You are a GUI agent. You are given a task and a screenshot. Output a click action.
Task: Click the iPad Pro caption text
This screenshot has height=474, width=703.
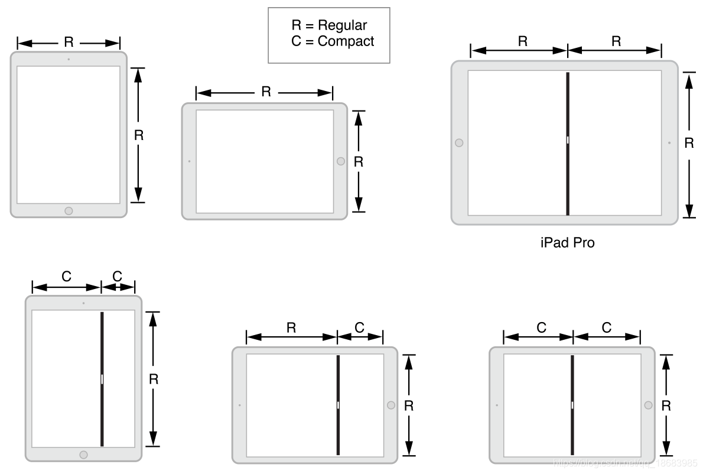click(567, 242)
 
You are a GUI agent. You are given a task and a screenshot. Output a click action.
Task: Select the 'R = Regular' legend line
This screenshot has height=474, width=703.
click(329, 25)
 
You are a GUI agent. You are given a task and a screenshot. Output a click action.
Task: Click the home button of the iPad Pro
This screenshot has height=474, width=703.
click(459, 143)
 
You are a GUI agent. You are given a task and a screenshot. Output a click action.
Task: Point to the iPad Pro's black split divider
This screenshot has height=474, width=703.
click(568, 144)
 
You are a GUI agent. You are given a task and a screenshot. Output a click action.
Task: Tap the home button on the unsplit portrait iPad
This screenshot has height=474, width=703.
click(69, 210)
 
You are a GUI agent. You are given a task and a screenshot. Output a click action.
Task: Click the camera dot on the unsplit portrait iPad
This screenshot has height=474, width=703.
click(69, 59)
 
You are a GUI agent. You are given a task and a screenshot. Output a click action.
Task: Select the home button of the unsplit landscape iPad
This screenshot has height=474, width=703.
click(340, 161)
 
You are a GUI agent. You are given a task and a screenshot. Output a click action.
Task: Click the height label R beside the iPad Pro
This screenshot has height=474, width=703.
click(689, 144)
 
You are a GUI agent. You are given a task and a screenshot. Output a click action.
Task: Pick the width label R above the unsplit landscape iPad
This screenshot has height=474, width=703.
click(266, 92)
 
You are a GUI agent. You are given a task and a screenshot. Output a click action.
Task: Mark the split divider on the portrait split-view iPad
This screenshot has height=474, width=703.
click(102, 378)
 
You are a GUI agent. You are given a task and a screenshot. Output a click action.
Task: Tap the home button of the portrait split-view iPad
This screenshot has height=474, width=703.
click(83, 454)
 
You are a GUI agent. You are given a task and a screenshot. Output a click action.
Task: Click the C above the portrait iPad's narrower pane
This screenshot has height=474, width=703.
click(117, 275)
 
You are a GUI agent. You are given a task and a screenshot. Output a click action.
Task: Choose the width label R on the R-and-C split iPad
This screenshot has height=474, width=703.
click(291, 328)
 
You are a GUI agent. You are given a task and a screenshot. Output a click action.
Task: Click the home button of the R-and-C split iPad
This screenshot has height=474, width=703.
click(390, 405)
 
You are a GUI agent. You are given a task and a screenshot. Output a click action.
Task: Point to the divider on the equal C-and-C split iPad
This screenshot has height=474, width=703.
click(572, 405)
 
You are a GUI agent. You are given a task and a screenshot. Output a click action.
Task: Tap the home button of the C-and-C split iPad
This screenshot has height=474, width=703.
click(648, 405)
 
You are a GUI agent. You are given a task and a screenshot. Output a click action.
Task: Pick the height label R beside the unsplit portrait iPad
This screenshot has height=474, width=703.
click(139, 135)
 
